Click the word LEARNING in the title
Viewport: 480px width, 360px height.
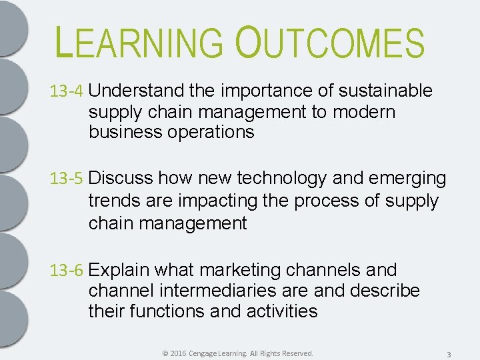pyautogui.click(x=140, y=42)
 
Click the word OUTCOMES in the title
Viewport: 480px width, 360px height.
pyautogui.click(x=330, y=42)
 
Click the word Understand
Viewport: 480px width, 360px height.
pyautogui.click(x=136, y=91)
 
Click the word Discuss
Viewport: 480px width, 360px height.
pyautogui.click(x=122, y=179)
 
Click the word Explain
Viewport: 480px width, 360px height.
pyautogui.click(x=120, y=271)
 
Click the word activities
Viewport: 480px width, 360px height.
pyautogui.click(x=284, y=312)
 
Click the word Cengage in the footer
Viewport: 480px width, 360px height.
pyautogui.click(x=207, y=353)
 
